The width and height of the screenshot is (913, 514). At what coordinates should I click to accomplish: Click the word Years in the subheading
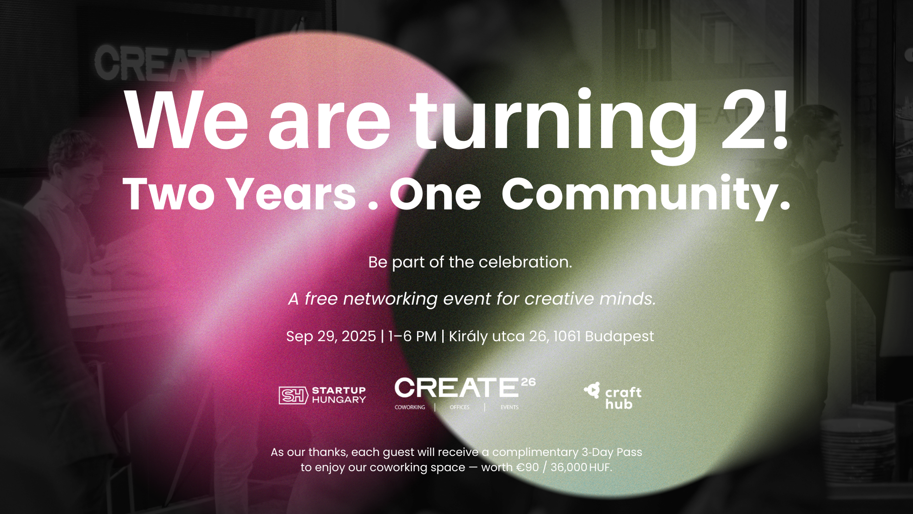pos(291,194)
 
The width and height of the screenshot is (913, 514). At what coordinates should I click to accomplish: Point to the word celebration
pos(525,262)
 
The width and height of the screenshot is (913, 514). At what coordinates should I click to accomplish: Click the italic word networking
pos(390,299)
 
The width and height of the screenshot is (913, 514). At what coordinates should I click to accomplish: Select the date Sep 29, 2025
pos(331,336)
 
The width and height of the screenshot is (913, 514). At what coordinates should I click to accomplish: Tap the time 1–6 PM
pos(412,336)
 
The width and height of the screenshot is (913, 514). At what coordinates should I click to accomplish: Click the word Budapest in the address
pos(620,336)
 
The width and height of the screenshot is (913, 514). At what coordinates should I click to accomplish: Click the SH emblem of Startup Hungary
pos(293,395)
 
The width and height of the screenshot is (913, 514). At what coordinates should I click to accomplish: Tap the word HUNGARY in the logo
pos(339,400)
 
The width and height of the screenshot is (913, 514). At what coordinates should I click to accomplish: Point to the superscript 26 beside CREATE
pos(528,382)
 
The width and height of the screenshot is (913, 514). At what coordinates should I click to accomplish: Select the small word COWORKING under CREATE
pos(410,407)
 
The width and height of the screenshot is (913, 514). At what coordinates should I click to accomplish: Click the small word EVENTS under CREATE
pos(509,407)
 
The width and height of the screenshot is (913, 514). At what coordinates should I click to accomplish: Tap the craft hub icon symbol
pos(592,391)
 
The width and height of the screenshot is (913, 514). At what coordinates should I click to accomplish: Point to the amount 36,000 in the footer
pos(569,467)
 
